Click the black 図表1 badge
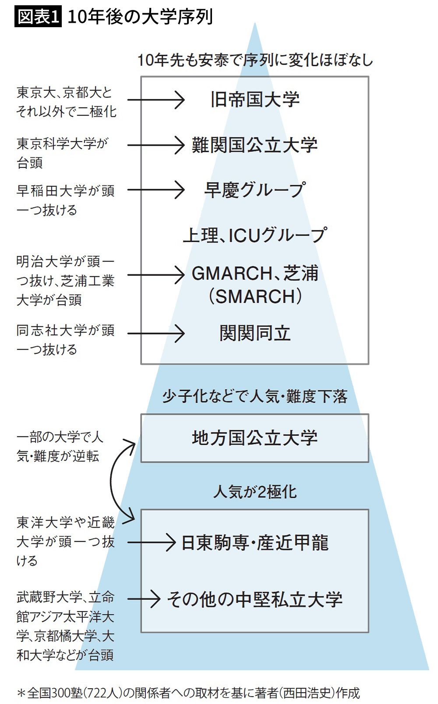click(38, 17)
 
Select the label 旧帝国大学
click(255, 100)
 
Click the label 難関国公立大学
click(255, 145)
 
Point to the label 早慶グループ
click(255, 190)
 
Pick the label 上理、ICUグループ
click(255, 235)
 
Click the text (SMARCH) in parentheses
click(255, 297)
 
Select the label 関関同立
click(255, 333)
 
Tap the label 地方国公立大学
click(255, 438)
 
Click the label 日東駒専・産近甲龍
click(255, 543)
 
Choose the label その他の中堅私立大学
click(255, 599)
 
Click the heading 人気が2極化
click(255, 492)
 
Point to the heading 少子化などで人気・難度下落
click(255, 397)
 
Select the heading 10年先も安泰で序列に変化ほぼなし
click(255, 60)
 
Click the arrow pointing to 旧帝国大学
click(156, 100)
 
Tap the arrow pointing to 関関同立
click(156, 333)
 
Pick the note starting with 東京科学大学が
click(62, 153)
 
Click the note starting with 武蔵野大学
click(66, 626)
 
